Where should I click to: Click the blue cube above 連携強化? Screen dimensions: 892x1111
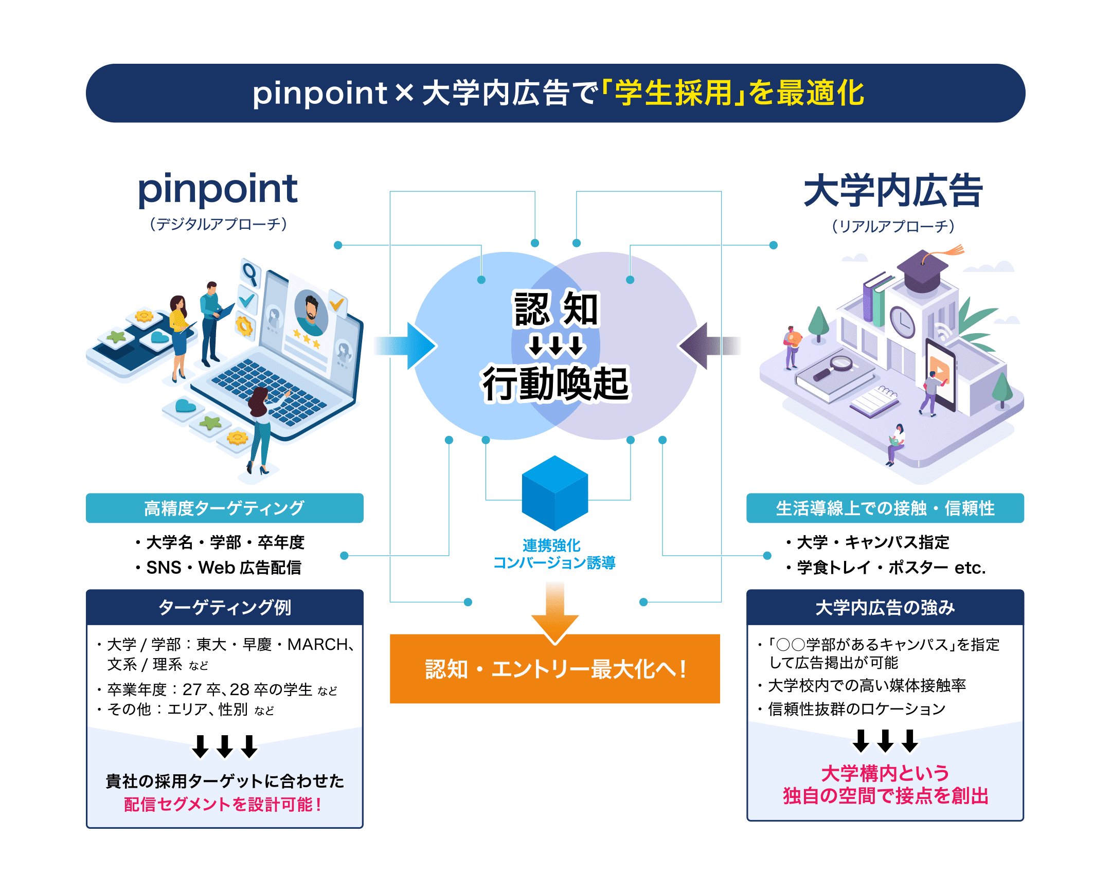(554, 493)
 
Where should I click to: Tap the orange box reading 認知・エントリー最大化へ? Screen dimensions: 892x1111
(554, 669)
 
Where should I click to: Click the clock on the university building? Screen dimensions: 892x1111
(902, 321)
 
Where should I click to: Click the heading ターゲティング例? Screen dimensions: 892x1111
(225, 607)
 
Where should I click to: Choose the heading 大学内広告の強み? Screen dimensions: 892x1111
(885, 607)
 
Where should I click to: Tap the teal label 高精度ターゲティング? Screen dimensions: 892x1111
(225, 508)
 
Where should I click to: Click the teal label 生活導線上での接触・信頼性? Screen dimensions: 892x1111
(885, 508)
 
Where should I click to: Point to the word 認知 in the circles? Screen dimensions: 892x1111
(555, 308)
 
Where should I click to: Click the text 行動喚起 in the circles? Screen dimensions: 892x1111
(555, 384)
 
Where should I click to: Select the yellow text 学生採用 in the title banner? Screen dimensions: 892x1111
(673, 93)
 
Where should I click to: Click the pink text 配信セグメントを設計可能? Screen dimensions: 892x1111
(223, 804)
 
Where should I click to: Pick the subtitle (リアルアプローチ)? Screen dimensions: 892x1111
(893, 226)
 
